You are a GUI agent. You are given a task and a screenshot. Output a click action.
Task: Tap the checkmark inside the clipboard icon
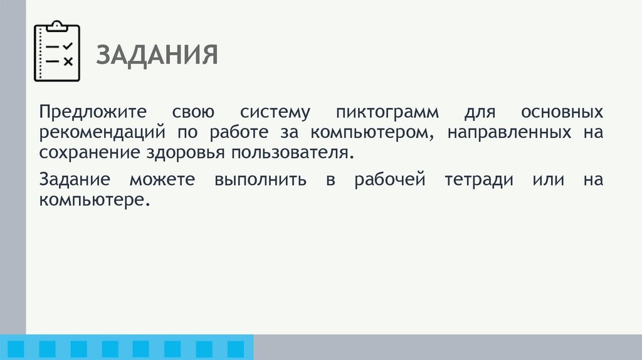pos(68,46)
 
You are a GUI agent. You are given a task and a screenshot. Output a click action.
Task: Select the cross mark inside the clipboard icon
pos(68,61)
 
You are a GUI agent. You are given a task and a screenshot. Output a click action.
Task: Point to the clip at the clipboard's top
pos(57,26)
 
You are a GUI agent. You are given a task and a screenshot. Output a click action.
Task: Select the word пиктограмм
pos(387,113)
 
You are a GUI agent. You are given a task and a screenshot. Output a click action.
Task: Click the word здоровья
pos(181,152)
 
